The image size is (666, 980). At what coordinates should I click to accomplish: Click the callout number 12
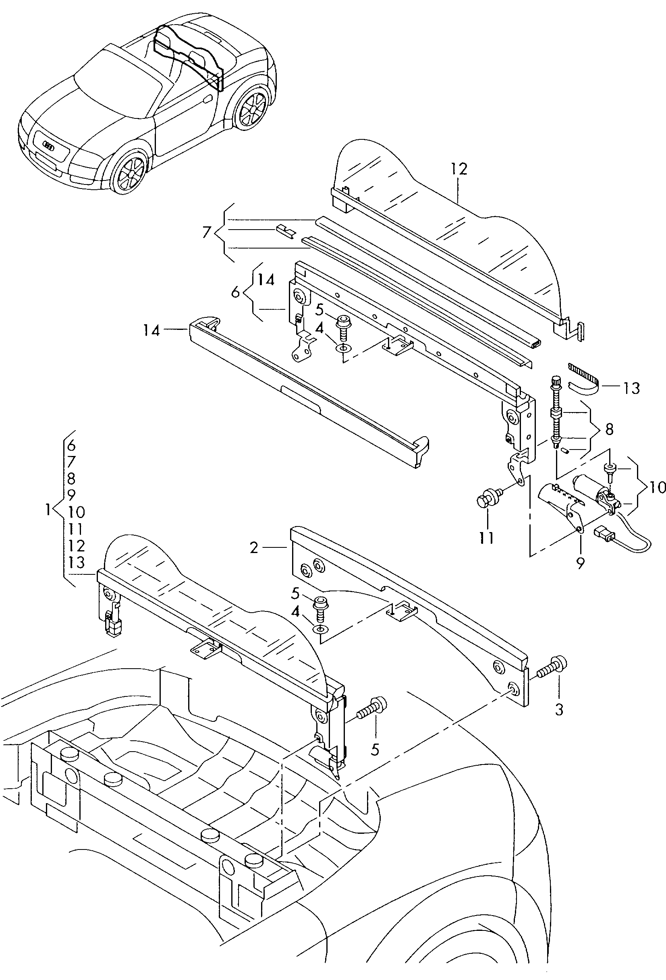tap(459, 169)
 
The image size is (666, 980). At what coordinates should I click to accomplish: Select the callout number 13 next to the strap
tap(631, 388)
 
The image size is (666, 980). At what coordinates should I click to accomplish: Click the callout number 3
tap(559, 710)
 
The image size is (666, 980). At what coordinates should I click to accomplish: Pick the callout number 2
tap(253, 548)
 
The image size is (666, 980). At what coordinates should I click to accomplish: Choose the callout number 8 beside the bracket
tap(609, 429)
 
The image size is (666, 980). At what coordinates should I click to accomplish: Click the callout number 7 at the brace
tap(206, 232)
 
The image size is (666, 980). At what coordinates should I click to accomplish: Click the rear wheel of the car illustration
tap(252, 108)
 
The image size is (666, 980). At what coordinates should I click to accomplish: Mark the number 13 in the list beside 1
tap(76, 562)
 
